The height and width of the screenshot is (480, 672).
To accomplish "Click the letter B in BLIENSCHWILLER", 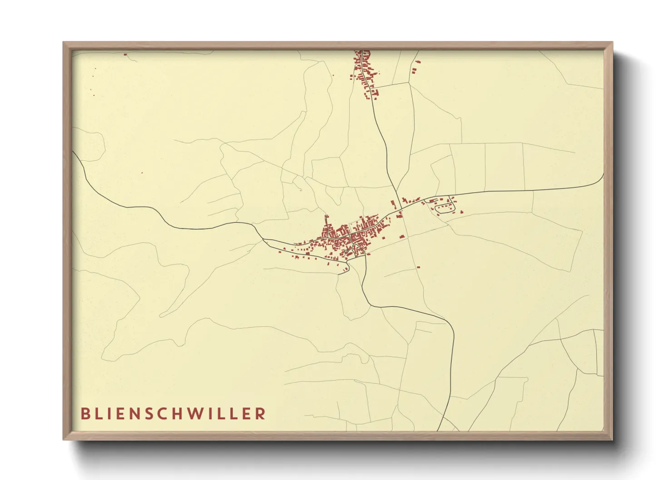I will [x=84, y=414].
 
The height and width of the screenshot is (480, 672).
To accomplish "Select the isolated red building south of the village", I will [x=418, y=267].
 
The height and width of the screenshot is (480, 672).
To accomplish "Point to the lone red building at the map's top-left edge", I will [x=125, y=54].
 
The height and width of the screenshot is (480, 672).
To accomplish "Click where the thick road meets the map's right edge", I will [x=603, y=175].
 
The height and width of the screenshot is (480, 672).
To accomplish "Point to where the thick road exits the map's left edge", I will [x=73, y=152].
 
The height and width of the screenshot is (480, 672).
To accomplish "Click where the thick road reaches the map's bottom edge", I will [x=438, y=430].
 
